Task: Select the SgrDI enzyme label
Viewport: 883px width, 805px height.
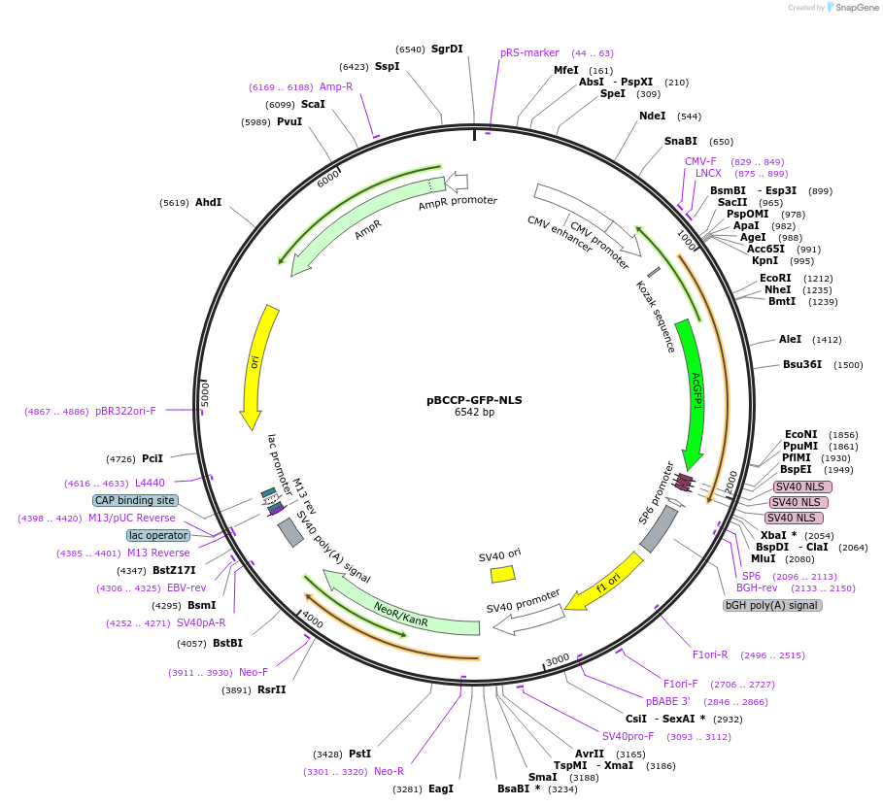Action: [x=447, y=49]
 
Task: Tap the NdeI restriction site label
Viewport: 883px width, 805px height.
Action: [x=652, y=116]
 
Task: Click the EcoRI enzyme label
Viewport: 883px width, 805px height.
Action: [x=775, y=278]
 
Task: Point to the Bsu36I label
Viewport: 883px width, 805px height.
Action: [x=801, y=365]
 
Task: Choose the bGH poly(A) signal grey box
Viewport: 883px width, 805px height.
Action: [x=773, y=605]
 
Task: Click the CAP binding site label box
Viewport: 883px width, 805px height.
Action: [x=136, y=500]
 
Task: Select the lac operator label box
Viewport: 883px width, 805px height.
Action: [x=158, y=535]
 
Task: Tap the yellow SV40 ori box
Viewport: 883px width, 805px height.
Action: [x=503, y=574]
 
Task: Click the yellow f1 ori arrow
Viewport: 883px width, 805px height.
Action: [x=604, y=582]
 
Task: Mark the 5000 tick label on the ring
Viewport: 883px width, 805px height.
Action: [x=205, y=392]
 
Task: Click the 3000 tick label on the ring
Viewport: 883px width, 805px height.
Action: [x=557, y=660]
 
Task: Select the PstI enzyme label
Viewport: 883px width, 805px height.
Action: [x=359, y=754]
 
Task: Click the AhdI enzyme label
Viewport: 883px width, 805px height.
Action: [x=208, y=203]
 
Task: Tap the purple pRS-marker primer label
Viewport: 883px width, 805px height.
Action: [x=529, y=53]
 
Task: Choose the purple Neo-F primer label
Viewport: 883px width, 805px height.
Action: [x=254, y=672]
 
